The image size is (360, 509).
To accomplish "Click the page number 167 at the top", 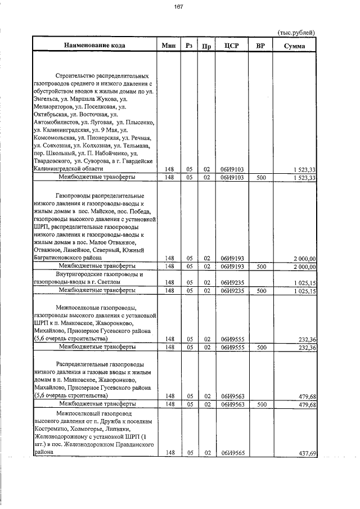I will pos(179,7).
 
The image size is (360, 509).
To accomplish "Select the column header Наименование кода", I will pos(94,46).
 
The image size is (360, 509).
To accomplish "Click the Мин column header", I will pos(169,46).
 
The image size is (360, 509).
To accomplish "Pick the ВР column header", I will pos(260,46).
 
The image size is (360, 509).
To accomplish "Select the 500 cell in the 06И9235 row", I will pos(260,290).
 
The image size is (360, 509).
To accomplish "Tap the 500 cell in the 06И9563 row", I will pos(260,404).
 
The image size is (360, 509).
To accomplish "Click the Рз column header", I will pos(189,46).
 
